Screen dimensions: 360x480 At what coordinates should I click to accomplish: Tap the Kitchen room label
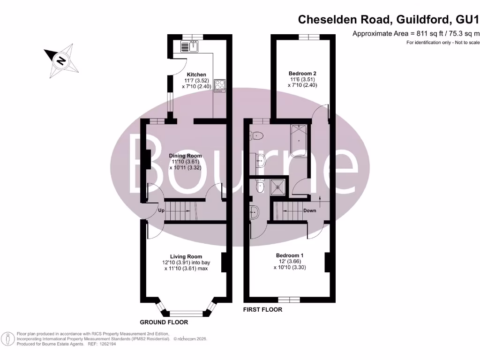tap(196, 75)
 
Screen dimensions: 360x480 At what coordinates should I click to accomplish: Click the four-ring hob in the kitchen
tap(219, 85)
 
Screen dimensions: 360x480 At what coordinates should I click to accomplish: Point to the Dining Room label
tap(185, 156)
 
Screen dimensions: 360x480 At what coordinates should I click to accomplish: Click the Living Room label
tap(186, 256)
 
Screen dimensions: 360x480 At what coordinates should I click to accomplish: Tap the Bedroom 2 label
tap(302, 73)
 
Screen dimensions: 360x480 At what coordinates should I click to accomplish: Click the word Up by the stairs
tap(161, 211)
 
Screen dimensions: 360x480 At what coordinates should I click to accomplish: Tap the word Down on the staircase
tap(309, 210)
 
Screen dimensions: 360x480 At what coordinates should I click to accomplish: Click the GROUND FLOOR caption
tap(164, 322)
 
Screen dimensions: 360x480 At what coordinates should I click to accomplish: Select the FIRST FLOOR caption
tap(262, 310)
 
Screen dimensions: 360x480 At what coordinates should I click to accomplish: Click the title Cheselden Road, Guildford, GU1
tap(389, 19)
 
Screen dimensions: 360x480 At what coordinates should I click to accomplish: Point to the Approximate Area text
tap(416, 33)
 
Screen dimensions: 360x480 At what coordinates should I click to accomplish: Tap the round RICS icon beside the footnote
tap(7, 338)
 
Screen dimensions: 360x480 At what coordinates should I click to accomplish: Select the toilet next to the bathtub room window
tap(257, 136)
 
